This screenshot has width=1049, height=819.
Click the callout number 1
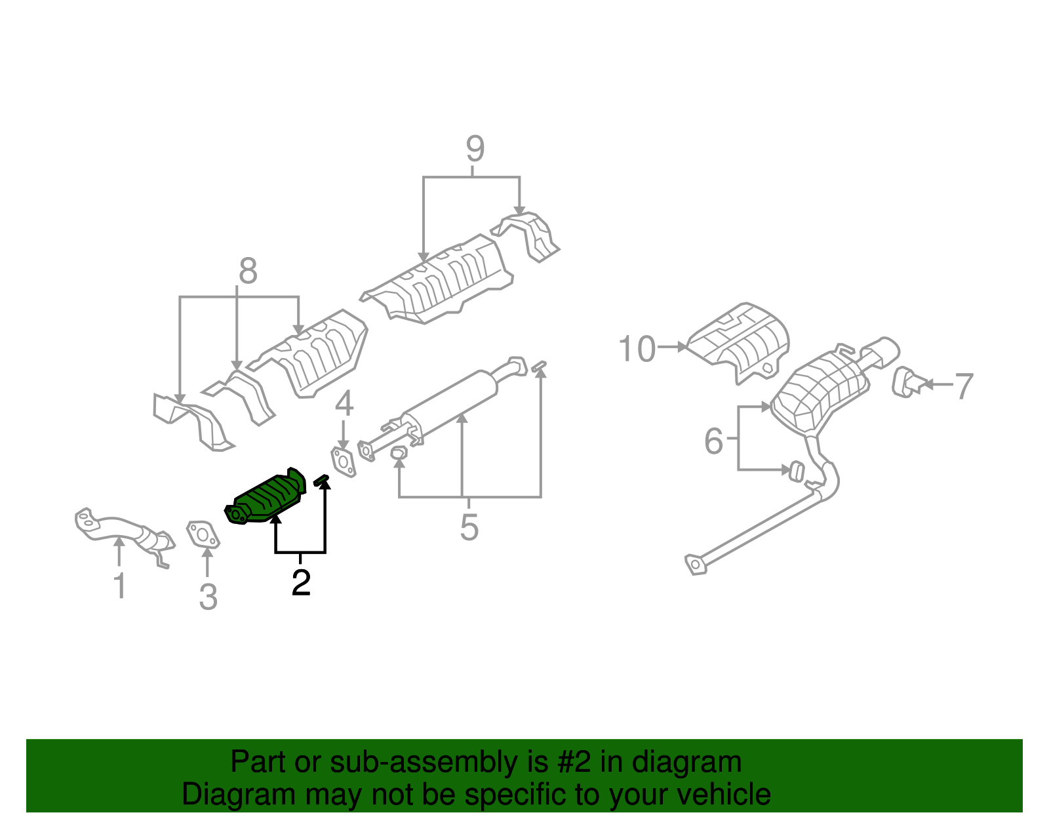click(x=119, y=585)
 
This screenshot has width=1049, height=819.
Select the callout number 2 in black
click(x=301, y=582)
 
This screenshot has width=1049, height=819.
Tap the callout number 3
click(x=208, y=597)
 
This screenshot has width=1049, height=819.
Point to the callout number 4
click(x=344, y=403)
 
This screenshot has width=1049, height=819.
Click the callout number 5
click(x=469, y=527)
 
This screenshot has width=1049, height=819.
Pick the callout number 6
click(x=713, y=441)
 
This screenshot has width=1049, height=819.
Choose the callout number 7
click(x=963, y=386)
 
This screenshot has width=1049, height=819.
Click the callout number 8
click(x=248, y=271)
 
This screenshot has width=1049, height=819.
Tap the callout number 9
click(x=475, y=149)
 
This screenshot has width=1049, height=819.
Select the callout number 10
click(x=637, y=349)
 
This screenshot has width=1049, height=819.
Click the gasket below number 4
click(x=342, y=462)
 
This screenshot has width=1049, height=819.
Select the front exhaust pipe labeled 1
click(x=121, y=527)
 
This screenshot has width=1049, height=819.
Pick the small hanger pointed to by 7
click(x=905, y=382)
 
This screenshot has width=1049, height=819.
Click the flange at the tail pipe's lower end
click(x=695, y=564)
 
